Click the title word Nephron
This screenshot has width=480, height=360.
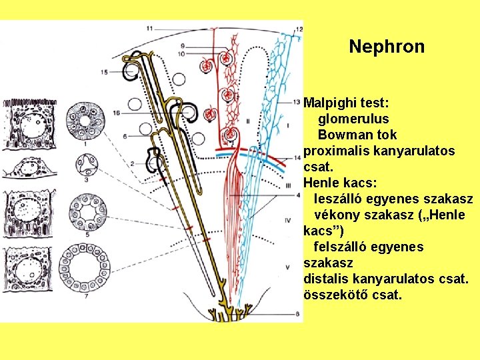[386, 47]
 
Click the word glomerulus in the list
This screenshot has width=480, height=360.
[353, 119]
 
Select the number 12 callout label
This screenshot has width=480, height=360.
[298, 29]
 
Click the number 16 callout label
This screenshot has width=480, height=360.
[117, 114]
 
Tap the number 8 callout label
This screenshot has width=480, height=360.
[297, 323]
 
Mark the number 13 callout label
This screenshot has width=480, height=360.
[296, 102]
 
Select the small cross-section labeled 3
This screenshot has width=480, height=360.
[85, 162]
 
